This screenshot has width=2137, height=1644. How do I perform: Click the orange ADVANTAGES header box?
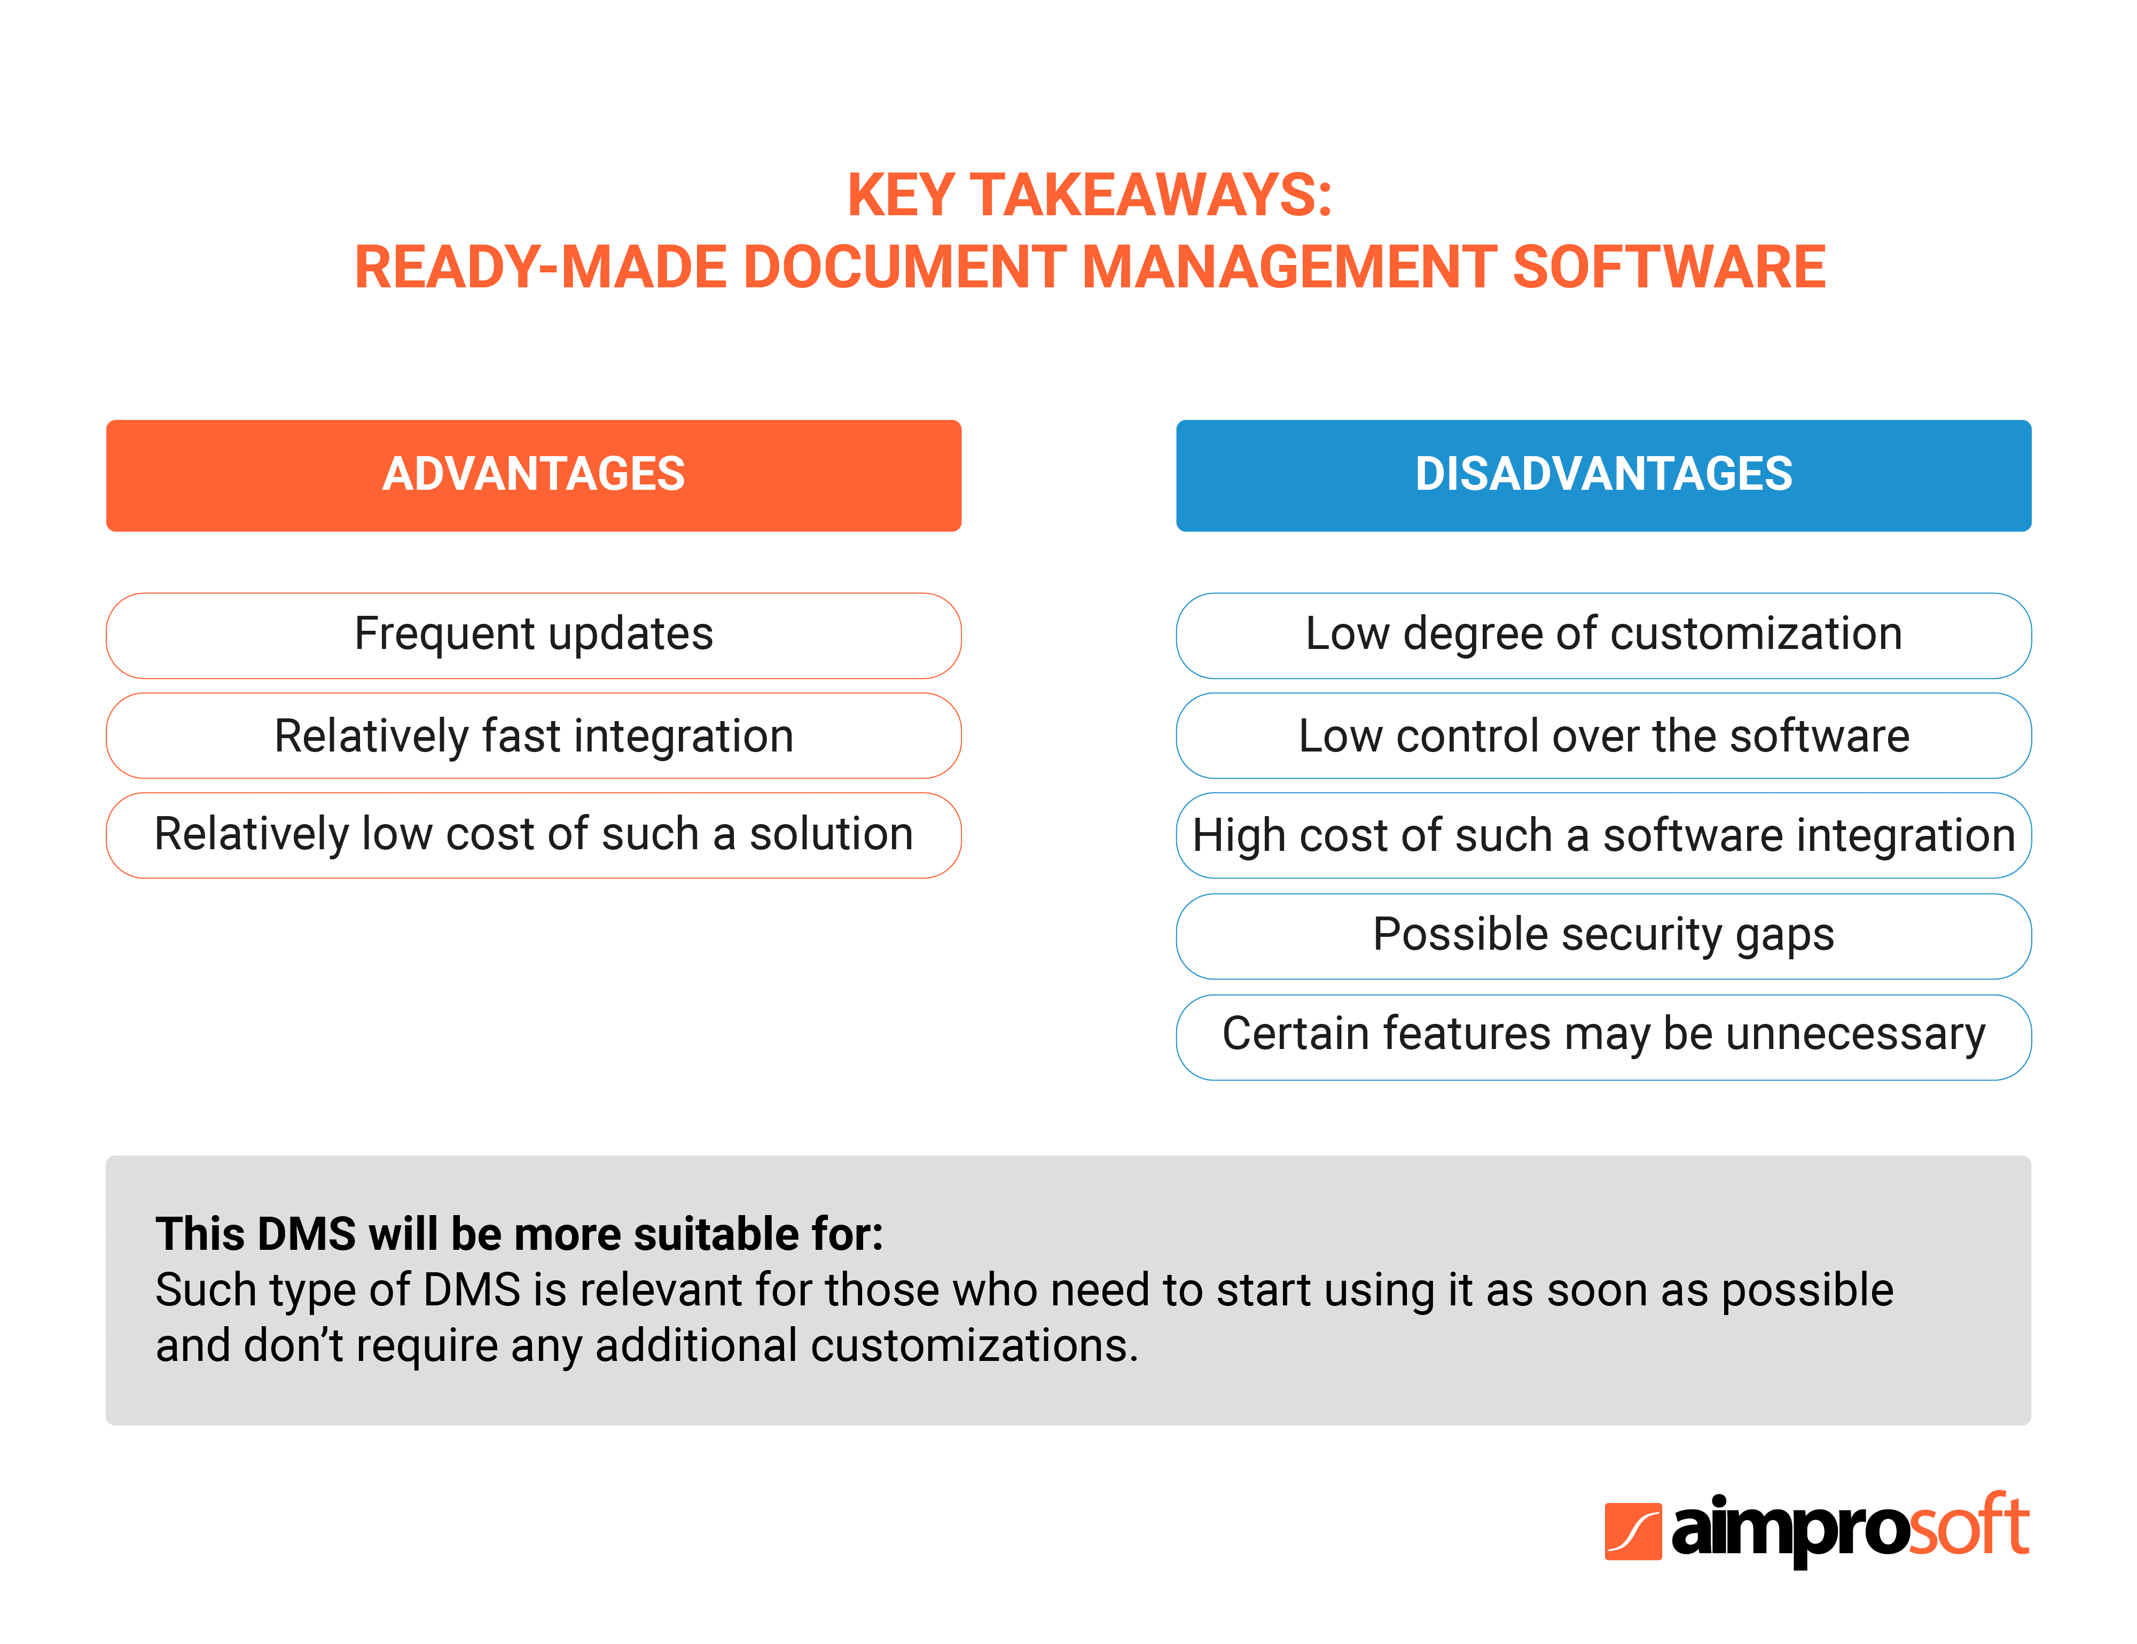click(x=533, y=475)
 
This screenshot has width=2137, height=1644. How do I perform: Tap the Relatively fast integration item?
click(x=533, y=736)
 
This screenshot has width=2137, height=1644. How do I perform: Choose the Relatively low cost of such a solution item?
click(x=533, y=835)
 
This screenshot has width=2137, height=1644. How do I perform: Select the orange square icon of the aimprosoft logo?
click(x=1632, y=1530)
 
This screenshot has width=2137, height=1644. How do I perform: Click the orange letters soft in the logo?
click(x=1969, y=1526)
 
